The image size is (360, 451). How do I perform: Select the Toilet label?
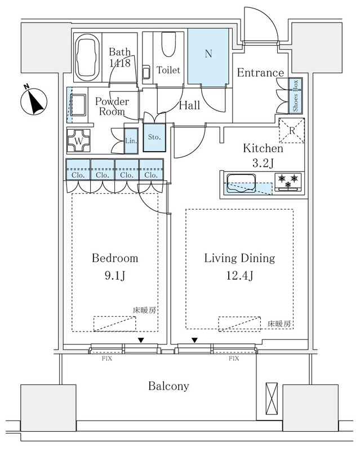click(x=168, y=71)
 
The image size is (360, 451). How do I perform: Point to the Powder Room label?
click(x=112, y=107)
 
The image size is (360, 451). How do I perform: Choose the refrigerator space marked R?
click(x=292, y=131)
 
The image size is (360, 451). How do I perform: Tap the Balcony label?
click(x=168, y=386)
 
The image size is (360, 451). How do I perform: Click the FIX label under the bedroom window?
click(x=107, y=358)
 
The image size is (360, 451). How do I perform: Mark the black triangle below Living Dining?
click(x=194, y=340)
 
